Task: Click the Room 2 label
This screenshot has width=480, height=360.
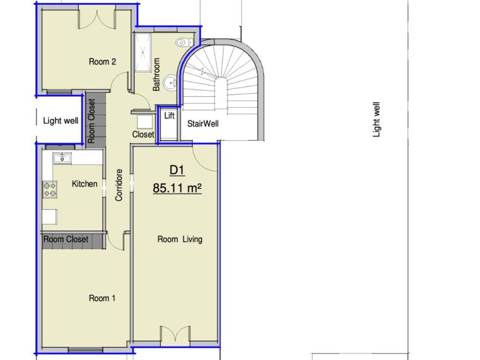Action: (x=102, y=61)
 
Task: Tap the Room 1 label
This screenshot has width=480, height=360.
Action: (x=102, y=298)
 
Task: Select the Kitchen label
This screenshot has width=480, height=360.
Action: (x=84, y=184)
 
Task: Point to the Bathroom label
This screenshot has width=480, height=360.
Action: (x=156, y=75)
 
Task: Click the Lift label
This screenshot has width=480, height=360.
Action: (x=169, y=115)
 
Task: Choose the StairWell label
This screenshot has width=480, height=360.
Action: (x=202, y=124)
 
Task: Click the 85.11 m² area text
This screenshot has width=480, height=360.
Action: (x=177, y=187)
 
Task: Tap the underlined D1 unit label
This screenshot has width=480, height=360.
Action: (x=177, y=170)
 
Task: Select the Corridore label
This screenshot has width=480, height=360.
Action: (x=119, y=185)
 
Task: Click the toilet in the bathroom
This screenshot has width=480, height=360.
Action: (x=184, y=42)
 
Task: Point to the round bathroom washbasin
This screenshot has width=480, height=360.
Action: (x=170, y=82)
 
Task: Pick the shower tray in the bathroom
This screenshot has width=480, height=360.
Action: (x=143, y=52)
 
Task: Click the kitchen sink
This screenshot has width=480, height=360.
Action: (x=62, y=158)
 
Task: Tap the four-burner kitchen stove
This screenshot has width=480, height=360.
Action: (x=50, y=189)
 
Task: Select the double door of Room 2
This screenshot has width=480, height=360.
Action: (x=97, y=20)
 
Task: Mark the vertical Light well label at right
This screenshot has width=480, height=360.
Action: (x=376, y=120)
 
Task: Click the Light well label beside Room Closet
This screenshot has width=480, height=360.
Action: (x=60, y=120)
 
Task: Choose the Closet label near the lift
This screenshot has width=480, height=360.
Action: (x=143, y=135)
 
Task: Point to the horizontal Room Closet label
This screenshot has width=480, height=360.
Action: (x=66, y=239)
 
